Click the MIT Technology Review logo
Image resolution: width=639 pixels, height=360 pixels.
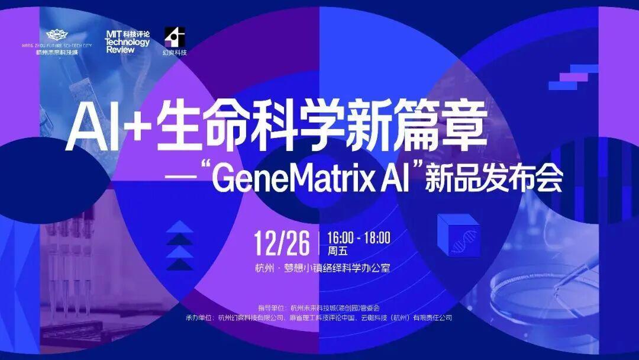127,42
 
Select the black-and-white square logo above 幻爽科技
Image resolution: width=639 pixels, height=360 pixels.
175,37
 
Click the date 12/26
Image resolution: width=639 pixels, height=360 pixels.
282,243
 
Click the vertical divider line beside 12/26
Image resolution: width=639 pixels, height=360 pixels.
318,243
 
